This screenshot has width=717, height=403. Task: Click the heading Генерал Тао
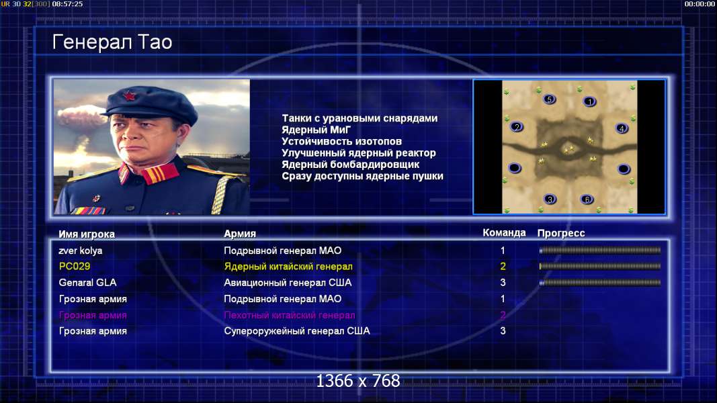[x=112, y=42]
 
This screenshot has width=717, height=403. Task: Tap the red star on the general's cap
[x=130, y=96]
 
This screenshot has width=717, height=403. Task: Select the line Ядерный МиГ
[x=316, y=130]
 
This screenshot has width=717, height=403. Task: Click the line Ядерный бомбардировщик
[x=350, y=165]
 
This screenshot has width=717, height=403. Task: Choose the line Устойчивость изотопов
[x=341, y=142]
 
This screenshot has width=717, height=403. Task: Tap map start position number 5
[x=550, y=99]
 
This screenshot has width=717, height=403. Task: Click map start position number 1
[x=589, y=101]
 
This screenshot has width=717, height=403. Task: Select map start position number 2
[x=517, y=127]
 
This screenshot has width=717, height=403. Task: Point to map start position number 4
[x=622, y=128]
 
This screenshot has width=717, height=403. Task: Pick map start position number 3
[x=550, y=199]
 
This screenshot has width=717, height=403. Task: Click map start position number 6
[x=587, y=199]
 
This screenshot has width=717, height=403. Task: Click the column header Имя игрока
[x=87, y=234]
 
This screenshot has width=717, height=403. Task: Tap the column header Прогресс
[x=561, y=233]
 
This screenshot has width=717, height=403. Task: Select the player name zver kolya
[x=81, y=251]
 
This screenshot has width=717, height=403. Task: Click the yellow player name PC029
[x=75, y=267]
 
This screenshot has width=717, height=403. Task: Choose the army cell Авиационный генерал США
[x=288, y=282]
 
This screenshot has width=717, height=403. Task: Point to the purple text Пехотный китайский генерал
[x=290, y=315]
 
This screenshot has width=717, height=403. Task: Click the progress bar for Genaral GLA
[x=600, y=283]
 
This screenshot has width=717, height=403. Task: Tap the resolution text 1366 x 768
[x=358, y=381]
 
